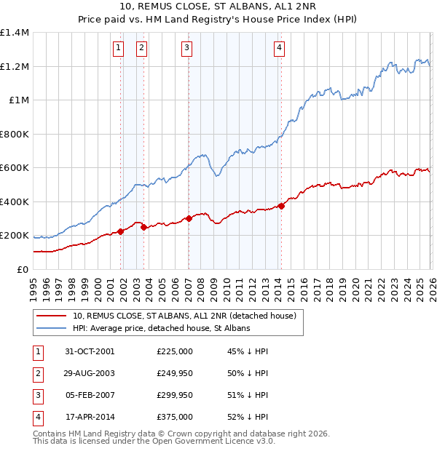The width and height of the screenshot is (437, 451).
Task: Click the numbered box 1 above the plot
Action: click(x=118, y=49)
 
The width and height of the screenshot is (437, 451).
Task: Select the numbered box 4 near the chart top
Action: click(x=279, y=49)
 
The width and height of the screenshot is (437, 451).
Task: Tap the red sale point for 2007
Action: click(x=189, y=218)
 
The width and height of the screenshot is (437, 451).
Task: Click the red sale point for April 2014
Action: click(x=281, y=206)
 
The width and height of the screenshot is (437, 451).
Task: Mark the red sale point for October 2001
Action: click(x=121, y=231)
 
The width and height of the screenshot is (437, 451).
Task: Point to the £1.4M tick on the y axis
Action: click(x=14, y=33)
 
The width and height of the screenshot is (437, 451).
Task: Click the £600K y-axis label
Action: click(x=14, y=168)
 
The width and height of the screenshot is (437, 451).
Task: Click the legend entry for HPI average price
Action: click(x=161, y=329)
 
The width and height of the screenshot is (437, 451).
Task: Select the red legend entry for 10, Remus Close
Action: click(x=184, y=316)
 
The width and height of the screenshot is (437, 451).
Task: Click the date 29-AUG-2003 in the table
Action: click(x=89, y=373)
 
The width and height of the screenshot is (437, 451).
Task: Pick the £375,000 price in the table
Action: click(x=175, y=417)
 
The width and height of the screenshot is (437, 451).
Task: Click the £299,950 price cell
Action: click(x=175, y=395)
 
